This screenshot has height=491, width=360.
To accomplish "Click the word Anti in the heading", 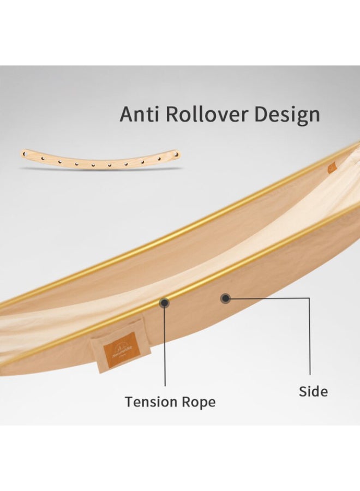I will [140, 115].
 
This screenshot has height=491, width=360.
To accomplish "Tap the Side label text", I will [313, 391].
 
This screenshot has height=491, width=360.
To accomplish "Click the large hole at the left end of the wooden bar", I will [25, 154].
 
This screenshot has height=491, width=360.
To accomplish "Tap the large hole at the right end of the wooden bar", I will [175, 154].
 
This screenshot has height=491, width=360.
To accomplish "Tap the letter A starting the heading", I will [127, 115].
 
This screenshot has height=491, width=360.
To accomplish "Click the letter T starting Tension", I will [129, 402].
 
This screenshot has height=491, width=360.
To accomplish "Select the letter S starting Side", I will [303, 391].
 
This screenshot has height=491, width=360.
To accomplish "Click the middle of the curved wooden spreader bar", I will [100, 162].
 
